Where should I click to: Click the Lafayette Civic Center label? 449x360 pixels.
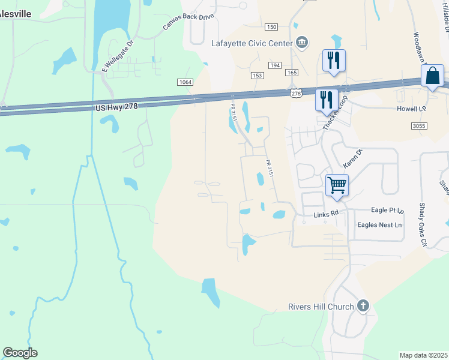(x=252, y=43)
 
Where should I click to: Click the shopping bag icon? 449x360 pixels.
(x=432, y=76)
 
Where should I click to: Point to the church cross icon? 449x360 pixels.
(x=363, y=307)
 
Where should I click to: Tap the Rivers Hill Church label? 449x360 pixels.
(x=321, y=307)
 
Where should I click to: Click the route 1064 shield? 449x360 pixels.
(x=185, y=82)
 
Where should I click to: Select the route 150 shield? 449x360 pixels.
(x=271, y=27)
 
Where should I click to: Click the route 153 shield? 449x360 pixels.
(x=258, y=75)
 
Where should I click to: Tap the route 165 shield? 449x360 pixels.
(x=292, y=73)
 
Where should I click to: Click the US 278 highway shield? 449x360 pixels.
(x=296, y=93)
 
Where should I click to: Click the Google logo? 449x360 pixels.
(x=20, y=353)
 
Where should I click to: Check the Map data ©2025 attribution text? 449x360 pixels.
(x=423, y=355)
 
